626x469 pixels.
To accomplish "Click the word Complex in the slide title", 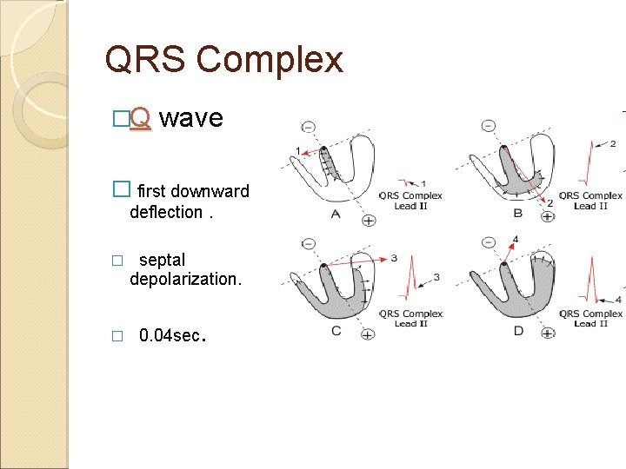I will click(270, 60).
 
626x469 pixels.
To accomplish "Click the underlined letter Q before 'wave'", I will click(143, 119).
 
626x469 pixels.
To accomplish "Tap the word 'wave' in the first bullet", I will click(192, 118).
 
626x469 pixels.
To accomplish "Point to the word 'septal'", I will click(162, 260).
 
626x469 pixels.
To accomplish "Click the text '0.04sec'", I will click(171, 335).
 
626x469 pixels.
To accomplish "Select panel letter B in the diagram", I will click(516, 213).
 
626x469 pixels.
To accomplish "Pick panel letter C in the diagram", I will click(336, 331).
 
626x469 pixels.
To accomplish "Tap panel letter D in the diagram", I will click(518, 331).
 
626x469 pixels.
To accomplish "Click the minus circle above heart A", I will click(309, 127).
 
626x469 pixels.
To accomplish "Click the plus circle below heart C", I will click(368, 334).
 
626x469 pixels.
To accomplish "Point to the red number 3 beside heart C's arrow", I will click(394, 258).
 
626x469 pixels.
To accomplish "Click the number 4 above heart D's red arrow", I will click(516, 239).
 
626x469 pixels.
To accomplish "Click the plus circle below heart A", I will click(368, 221).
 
